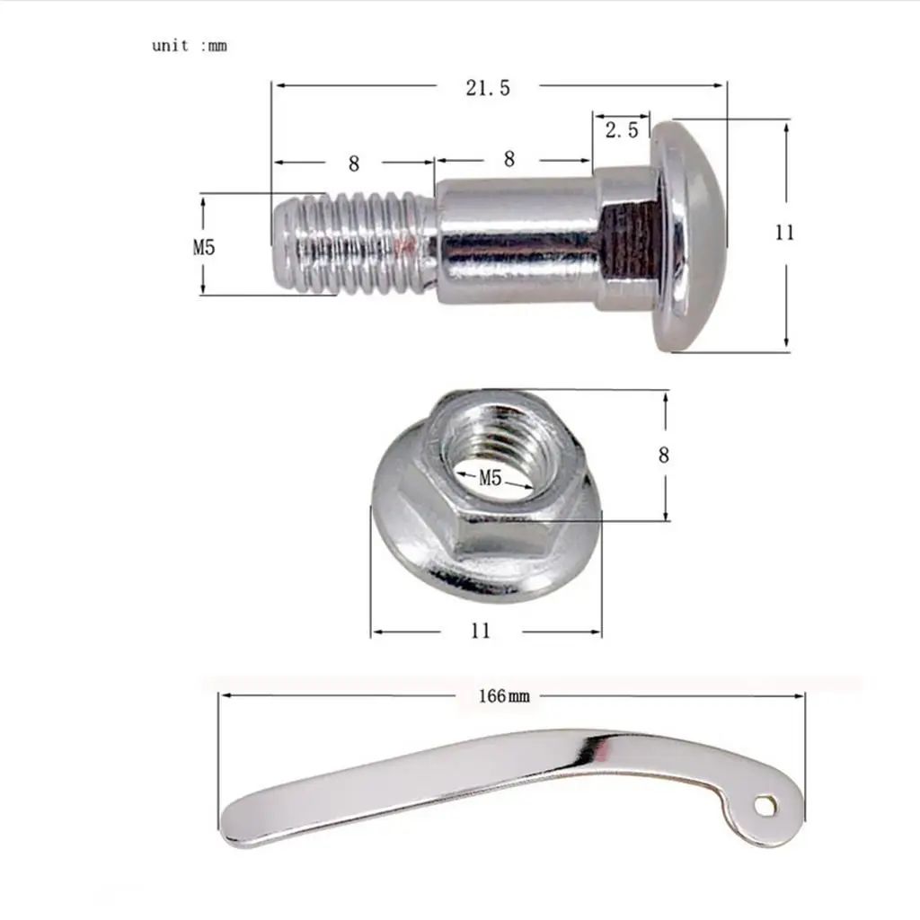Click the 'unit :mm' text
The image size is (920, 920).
(189, 46)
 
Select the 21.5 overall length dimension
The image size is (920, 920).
(488, 88)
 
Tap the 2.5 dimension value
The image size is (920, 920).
(622, 129)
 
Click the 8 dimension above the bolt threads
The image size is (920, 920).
(353, 164)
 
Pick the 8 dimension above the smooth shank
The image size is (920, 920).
(509, 159)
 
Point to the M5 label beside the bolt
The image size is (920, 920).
(204, 247)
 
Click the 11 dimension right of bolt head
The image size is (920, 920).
(784, 233)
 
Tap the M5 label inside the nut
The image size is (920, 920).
(490, 478)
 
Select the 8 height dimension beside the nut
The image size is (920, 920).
(664, 455)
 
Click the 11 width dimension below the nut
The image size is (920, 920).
(480, 631)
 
